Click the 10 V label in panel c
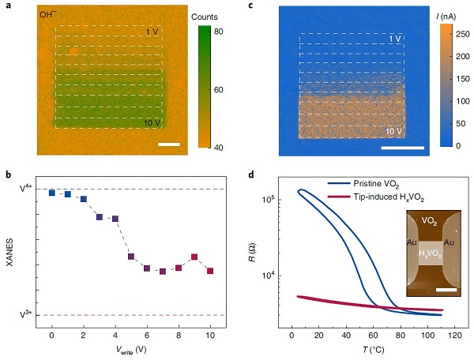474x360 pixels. click(394, 129)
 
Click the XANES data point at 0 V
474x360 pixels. click(51, 193)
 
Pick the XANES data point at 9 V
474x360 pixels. click(194, 257)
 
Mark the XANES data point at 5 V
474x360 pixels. click(131, 257)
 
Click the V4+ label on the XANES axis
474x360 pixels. click(27, 189)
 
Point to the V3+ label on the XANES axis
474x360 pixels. click(27, 315)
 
